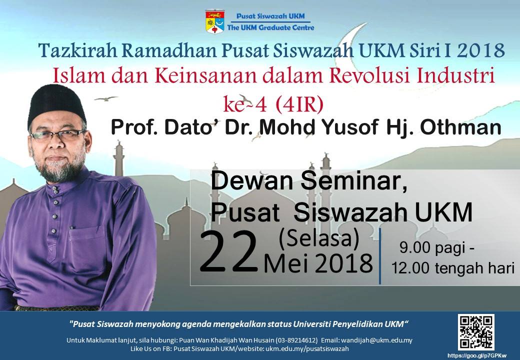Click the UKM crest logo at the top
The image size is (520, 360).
[x=214, y=21]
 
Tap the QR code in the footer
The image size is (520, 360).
[x=476, y=332]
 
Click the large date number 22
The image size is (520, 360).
[x=229, y=253]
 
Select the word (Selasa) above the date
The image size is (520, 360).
[x=319, y=238]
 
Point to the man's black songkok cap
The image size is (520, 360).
[x=56, y=104]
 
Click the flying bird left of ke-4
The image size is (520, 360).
[x=106, y=98]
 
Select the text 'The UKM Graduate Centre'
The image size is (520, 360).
[x=270, y=27]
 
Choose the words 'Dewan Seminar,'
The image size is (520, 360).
[x=309, y=182]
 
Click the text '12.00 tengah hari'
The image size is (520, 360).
[x=453, y=268]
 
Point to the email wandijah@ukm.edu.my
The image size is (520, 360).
[x=376, y=340]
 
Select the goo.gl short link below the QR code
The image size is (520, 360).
[x=477, y=355]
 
